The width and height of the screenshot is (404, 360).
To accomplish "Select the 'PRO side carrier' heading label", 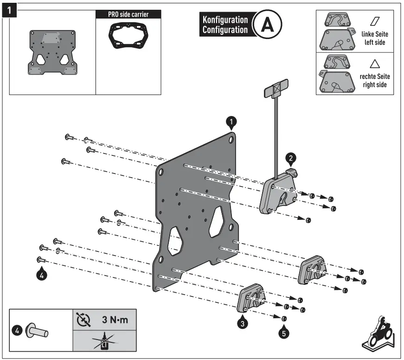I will pos(122,14).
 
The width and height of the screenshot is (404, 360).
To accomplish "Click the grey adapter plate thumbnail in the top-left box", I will pos(51,52).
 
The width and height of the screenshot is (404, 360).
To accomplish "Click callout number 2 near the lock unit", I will pos(290,159).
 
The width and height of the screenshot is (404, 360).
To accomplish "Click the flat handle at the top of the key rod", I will pos(276,90).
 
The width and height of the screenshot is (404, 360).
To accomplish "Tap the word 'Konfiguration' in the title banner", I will pos(225,20).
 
